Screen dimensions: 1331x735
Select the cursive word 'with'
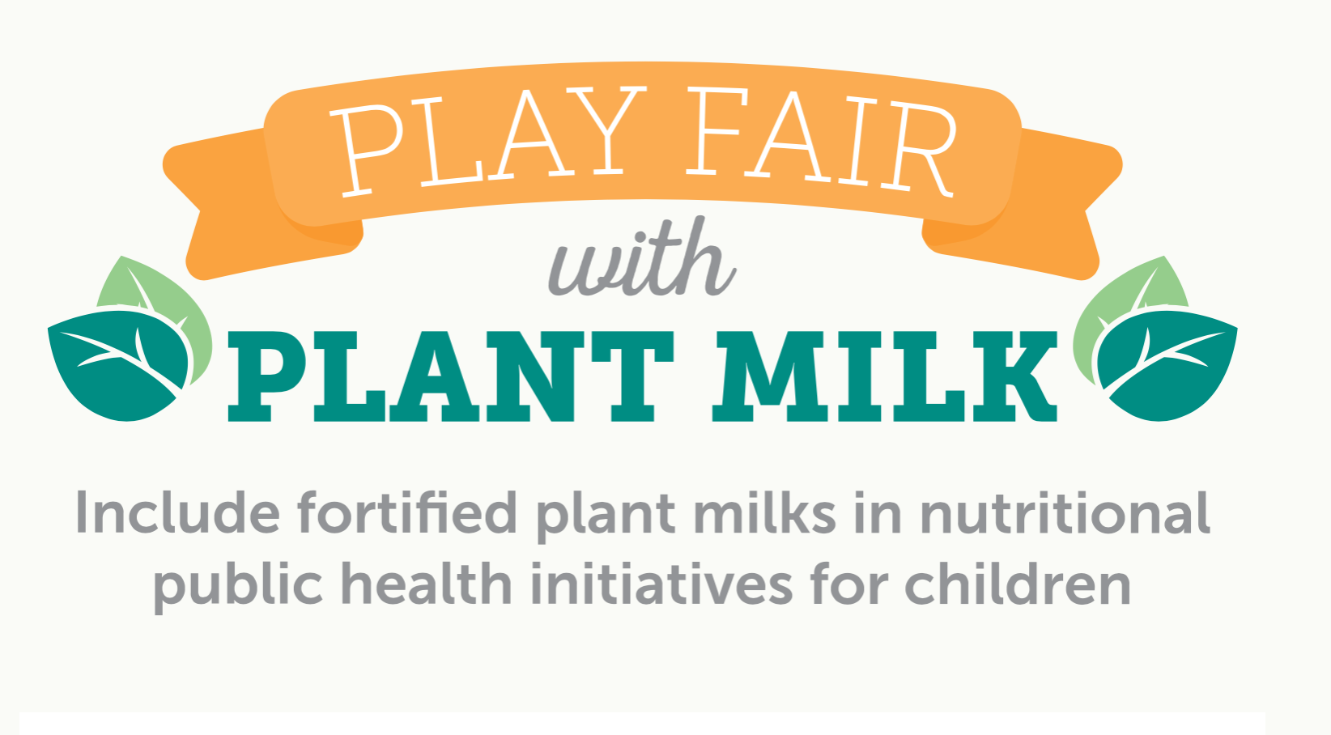[x=642, y=257]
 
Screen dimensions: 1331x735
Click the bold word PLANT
[x=452, y=376]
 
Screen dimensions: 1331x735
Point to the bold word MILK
[x=885, y=376]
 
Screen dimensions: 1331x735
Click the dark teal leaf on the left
[x=119, y=364]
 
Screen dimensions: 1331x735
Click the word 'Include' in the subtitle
[x=177, y=512]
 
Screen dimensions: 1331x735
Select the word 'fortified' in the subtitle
[x=407, y=512]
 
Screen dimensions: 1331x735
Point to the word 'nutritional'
[x=1065, y=512]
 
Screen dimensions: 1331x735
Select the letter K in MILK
[x=1014, y=376]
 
